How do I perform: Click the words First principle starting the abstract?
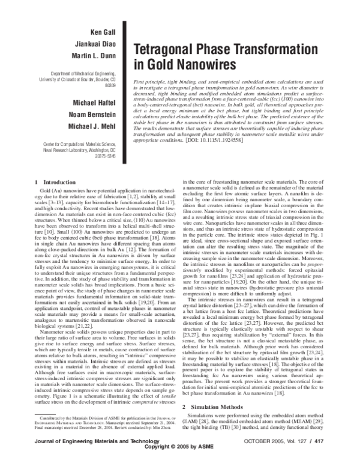click(150, 80)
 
